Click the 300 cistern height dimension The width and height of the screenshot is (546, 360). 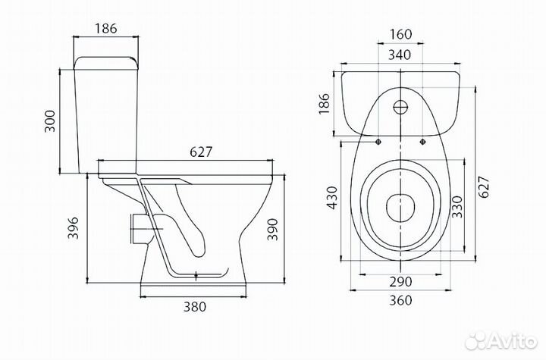click(50, 121)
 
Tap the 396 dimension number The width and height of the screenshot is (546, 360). click(73, 228)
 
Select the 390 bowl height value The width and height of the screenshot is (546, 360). click(273, 230)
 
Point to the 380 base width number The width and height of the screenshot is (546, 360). click(195, 307)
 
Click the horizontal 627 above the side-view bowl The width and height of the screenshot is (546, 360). click(201, 152)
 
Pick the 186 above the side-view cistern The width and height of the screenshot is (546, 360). click(106, 28)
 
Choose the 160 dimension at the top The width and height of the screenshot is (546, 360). click(400, 34)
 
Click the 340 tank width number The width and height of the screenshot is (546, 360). click(400, 55)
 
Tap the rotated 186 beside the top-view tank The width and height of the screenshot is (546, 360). click(324, 103)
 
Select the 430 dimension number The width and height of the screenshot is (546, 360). click(332, 198)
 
